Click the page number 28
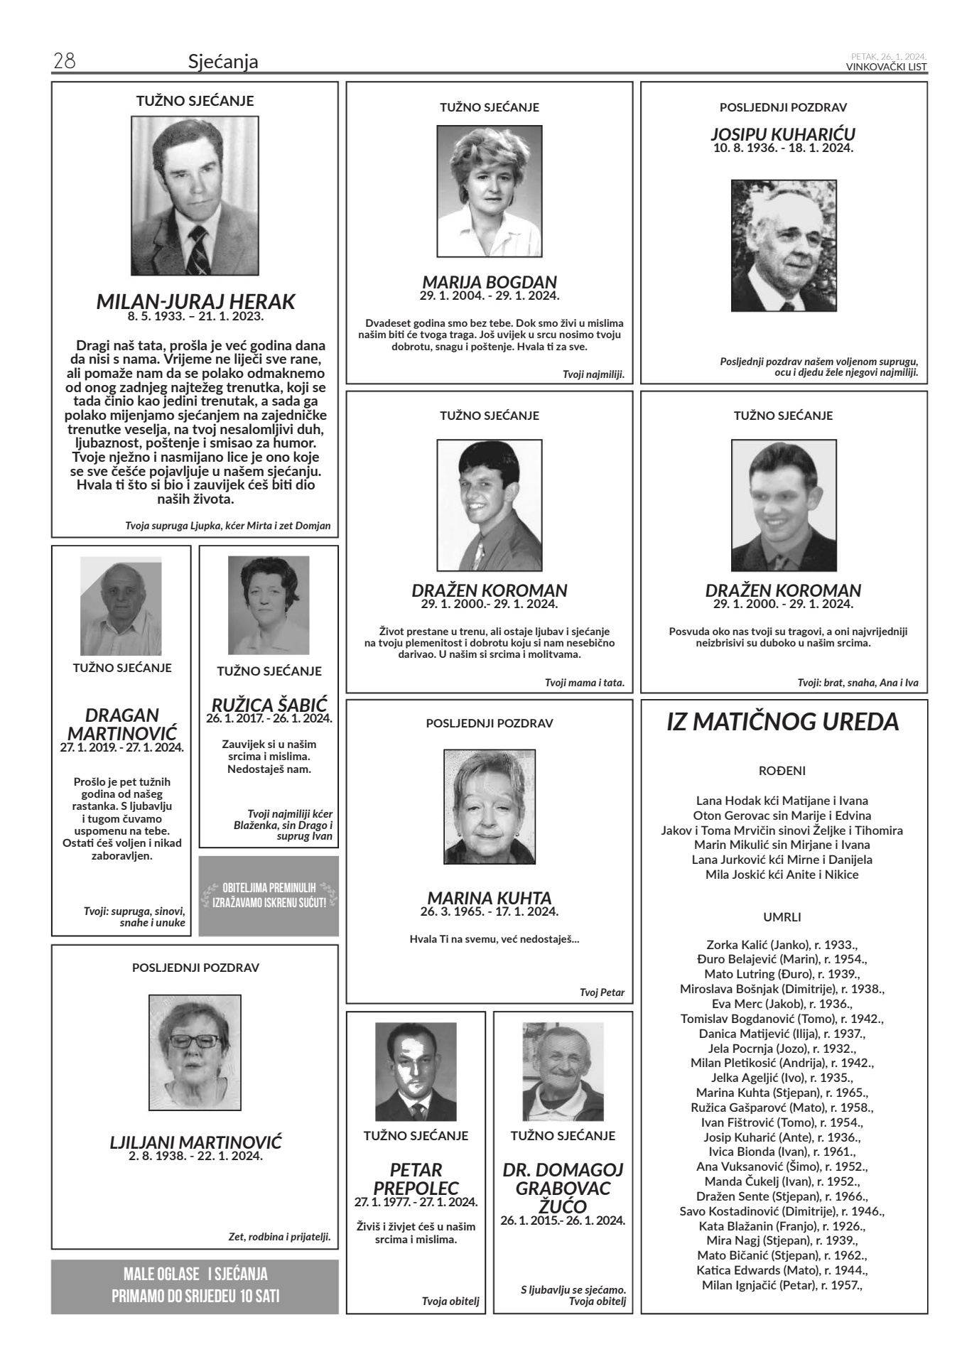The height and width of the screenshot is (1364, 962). coord(64,62)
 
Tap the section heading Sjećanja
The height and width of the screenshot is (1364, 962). coord(223,62)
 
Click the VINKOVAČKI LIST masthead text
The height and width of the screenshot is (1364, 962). coord(886,67)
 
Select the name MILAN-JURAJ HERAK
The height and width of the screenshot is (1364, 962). coord(195,301)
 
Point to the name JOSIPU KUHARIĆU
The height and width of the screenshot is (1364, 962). coord(783,134)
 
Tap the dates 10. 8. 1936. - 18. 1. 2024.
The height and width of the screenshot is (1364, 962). coord(783,148)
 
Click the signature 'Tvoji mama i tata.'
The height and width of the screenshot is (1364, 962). coord(584,683)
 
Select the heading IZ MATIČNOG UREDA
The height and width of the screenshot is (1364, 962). coord(783,722)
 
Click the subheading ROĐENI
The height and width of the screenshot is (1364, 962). coord(782,770)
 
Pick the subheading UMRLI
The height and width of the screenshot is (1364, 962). coord(782,917)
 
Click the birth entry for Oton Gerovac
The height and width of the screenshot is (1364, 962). coord(782,816)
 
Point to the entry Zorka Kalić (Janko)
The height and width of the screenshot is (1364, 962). coord(782,945)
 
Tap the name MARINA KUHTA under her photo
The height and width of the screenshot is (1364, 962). coord(489,898)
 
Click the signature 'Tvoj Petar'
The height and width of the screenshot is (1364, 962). coord(602,992)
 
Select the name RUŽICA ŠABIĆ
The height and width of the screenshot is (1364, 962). coord(269,705)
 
